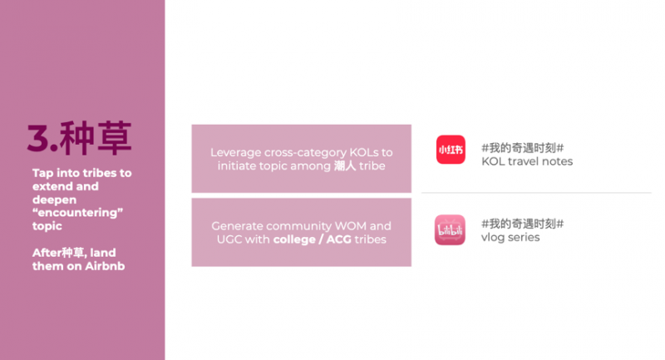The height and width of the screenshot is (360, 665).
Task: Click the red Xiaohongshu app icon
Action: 451,150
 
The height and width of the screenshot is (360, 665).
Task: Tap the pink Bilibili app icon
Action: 450,229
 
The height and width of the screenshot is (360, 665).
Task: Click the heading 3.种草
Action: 80,138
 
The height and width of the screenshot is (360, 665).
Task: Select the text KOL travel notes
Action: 527,161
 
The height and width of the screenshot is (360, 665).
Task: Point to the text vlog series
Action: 510,238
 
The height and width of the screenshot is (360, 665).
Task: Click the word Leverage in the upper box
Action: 235,153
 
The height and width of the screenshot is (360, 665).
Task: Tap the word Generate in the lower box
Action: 237,226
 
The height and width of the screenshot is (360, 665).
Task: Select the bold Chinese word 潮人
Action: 345,165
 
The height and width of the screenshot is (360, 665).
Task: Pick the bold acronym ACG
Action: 338,239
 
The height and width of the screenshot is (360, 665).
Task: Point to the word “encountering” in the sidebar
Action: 77,213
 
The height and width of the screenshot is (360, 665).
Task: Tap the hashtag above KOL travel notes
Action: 523,148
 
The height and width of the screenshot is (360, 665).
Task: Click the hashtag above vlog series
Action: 523,224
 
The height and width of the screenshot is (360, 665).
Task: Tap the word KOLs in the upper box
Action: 364,153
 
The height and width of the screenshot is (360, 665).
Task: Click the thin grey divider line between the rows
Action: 536,193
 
